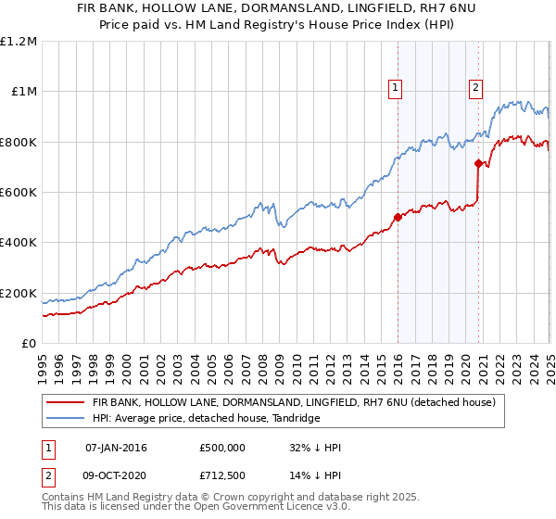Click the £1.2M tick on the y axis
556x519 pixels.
point(19,41)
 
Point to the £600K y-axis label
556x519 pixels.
point(19,192)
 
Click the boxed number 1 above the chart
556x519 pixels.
point(395,88)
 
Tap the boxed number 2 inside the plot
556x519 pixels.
point(475,88)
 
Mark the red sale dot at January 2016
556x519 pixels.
point(398,217)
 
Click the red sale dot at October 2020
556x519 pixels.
point(478,164)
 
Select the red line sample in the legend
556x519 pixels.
point(65,403)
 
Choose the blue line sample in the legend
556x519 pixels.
point(65,419)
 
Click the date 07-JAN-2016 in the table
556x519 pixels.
point(116,448)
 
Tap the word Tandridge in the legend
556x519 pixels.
point(293,419)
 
